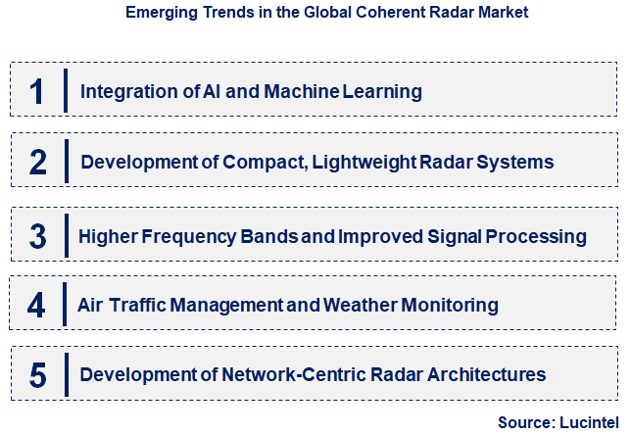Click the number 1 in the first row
click(37, 91)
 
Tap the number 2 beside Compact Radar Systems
click(37, 162)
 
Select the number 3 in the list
click(37, 236)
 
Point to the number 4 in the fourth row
click(37, 305)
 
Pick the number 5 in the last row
click(37, 374)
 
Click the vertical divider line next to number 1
click(65, 91)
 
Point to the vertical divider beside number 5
click(65, 374)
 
